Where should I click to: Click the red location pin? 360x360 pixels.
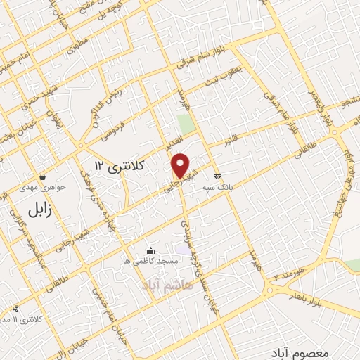[181, 165]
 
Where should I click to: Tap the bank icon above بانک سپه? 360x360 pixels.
[217, 176]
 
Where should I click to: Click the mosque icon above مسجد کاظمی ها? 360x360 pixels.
[150, 250]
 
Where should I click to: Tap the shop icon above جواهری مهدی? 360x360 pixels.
[44, 176]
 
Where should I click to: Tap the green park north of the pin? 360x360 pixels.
[186, 124]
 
